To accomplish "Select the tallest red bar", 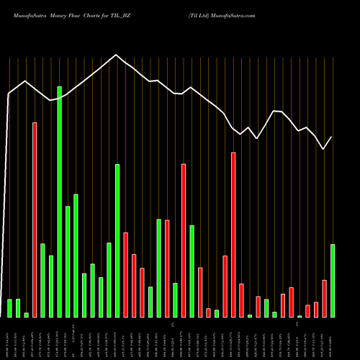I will [x=35, y=220].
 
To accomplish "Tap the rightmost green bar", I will [x=333, y=281].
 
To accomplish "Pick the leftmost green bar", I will [x=10, y=308].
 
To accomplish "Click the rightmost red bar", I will [x=325, y=298].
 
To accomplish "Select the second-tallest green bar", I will [x=117, y=240].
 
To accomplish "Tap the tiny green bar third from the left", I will [x=27, y=315].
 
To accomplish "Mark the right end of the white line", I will [x=332, y=137].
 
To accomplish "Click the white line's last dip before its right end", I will [x=323, y=148].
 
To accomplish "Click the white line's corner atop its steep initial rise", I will [x=9, y=94].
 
